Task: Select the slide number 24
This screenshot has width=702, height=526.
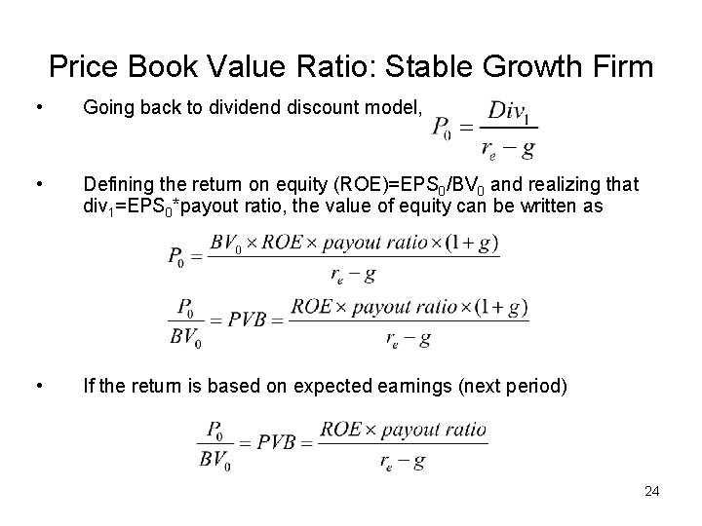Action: [x=652, y=491]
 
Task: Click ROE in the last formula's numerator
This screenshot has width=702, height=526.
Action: [x=342, y=429]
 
